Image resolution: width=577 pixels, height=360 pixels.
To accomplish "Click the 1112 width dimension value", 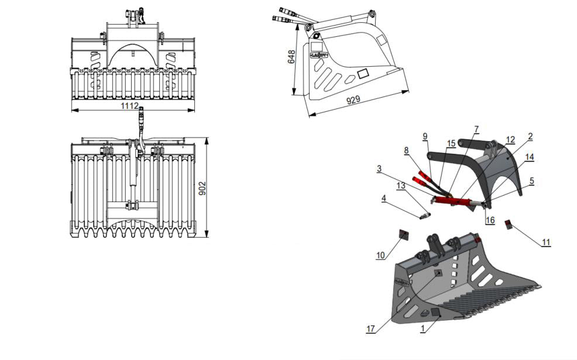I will [129, 106].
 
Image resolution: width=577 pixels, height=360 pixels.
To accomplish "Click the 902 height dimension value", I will [202, 188].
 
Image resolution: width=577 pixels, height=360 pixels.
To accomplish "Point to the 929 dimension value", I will [353, 101].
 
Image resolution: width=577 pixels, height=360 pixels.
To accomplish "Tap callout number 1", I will [423, 330].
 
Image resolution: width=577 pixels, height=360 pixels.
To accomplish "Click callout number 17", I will [370, 329].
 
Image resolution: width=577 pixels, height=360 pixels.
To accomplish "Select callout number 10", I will [380, 255].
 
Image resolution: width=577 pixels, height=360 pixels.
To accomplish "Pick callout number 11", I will [546, 242].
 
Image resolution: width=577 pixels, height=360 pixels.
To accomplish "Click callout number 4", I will [383, 198].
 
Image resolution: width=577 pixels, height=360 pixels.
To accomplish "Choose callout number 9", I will [425, 136].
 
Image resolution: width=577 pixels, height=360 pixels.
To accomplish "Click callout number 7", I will [476, 128].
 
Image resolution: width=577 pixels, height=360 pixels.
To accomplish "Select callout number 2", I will [530, 136].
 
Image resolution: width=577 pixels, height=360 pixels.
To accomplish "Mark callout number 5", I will [531, 181].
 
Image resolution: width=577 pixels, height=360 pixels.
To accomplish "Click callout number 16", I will [490, 220].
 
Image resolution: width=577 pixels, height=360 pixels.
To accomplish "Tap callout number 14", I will [530, 157].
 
